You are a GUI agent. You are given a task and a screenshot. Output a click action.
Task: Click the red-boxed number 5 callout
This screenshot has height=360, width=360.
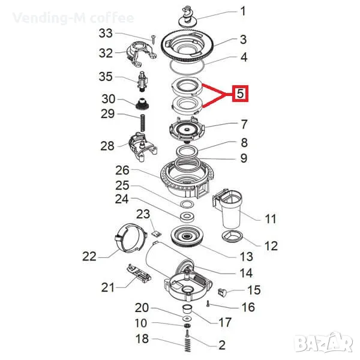coord(240,94)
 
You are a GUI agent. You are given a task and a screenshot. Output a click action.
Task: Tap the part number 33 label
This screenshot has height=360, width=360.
coord(106,34)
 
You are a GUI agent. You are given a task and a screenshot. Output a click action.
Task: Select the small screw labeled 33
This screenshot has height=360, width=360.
coord(153,40)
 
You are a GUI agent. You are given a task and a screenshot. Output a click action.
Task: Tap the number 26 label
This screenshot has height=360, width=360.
coord(122,170)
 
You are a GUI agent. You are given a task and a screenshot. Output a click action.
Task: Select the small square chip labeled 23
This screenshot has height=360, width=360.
coord(157,233)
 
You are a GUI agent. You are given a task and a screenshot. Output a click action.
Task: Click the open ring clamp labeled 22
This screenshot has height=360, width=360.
coord(130,237)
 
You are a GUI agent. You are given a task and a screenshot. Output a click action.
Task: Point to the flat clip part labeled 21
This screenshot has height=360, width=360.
coord(139,274)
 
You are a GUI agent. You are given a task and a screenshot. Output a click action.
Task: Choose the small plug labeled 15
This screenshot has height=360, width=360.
coord(221,292)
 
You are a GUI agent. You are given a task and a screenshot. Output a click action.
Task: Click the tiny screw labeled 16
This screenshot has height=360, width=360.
coord(208,304)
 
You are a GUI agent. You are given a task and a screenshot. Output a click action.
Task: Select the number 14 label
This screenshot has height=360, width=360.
coord(246,273)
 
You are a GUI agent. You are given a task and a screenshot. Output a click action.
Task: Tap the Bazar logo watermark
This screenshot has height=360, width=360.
coord(324,343)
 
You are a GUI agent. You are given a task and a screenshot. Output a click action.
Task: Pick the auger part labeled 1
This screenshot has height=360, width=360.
coord(188,17)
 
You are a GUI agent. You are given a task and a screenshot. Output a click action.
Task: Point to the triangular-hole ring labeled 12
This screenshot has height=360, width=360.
coord(232,236)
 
